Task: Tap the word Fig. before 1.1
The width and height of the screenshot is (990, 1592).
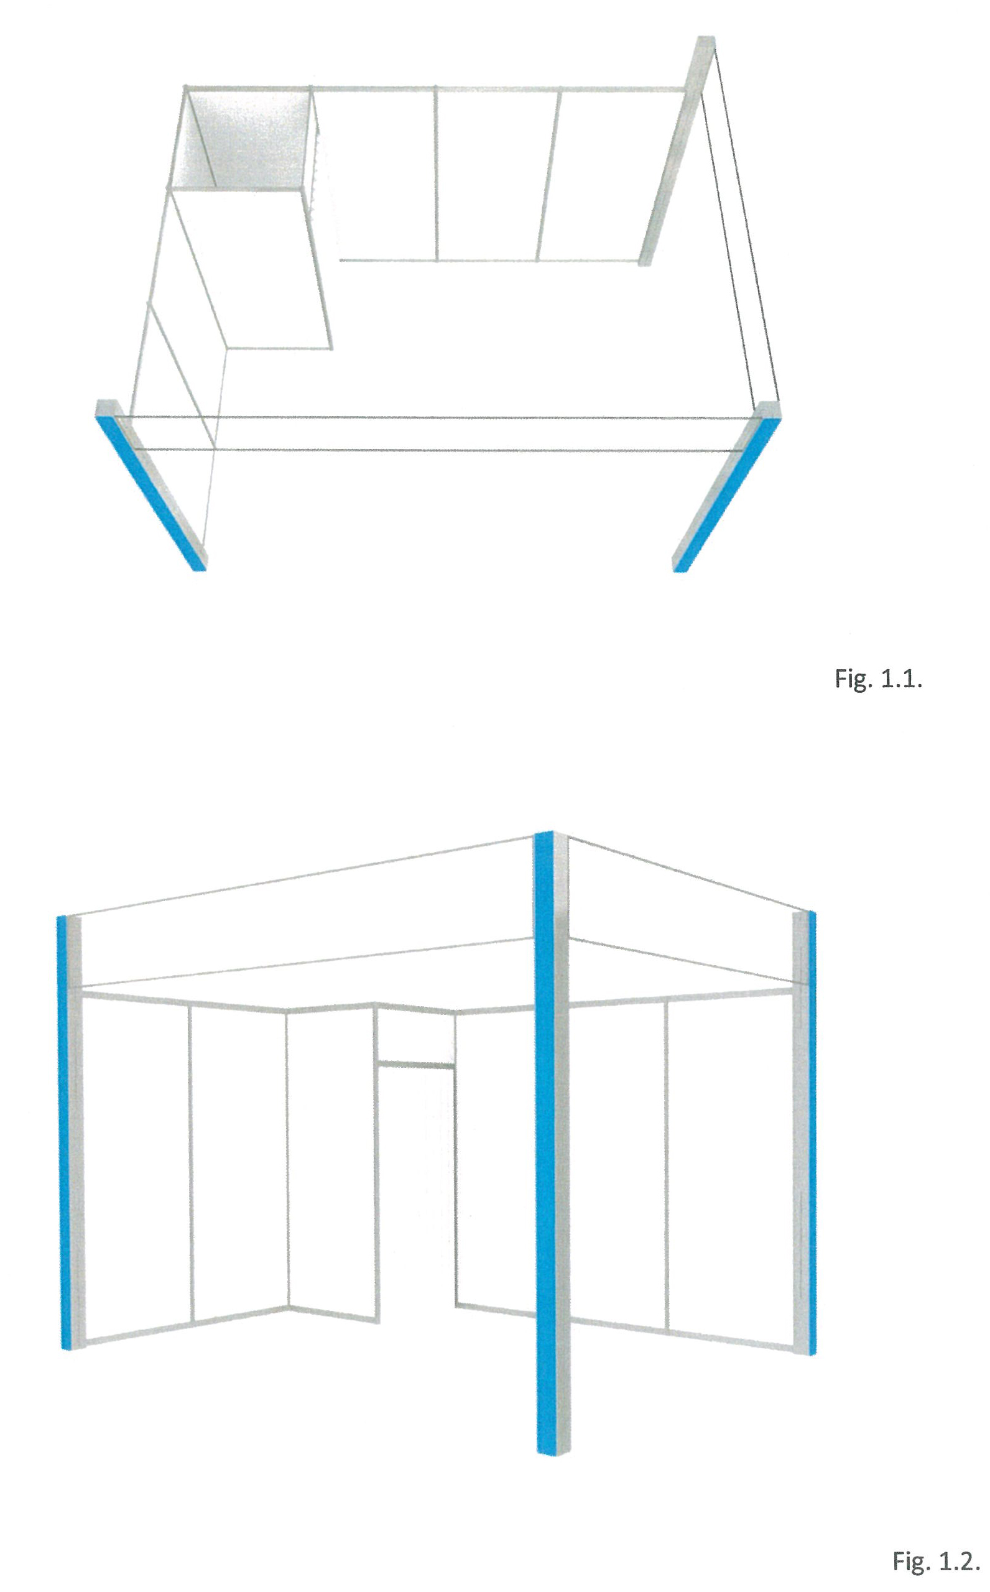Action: click(x=854, y=680)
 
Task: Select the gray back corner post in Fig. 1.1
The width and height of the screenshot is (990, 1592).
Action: click(x=677, y=150)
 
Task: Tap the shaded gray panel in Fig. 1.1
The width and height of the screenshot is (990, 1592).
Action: click(x=252, y=140)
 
